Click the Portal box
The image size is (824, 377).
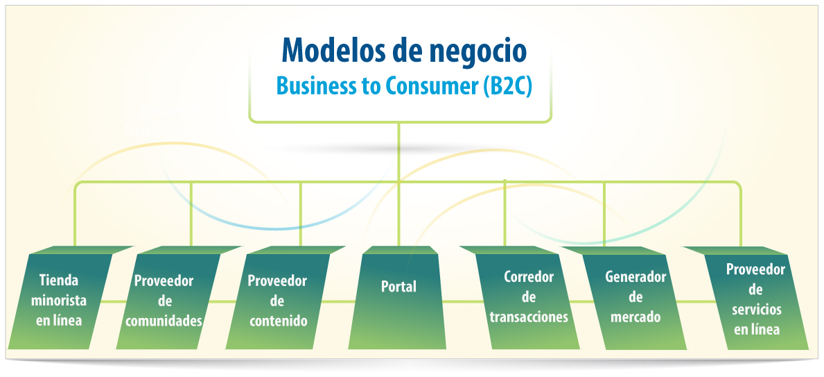tap(398, 297)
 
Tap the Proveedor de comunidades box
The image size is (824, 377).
tap(168, 297)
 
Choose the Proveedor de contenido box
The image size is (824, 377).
tap(278, 297)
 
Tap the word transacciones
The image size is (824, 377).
tap(529, 317)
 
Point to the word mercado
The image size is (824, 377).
tap(635, 317)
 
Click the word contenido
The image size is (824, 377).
tap(278, 321)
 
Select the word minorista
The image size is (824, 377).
tap(59, 300)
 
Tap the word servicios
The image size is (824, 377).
tap(756, 310)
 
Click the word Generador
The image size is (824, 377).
tap(635, 277)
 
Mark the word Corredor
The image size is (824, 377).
tap(529, 276)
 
